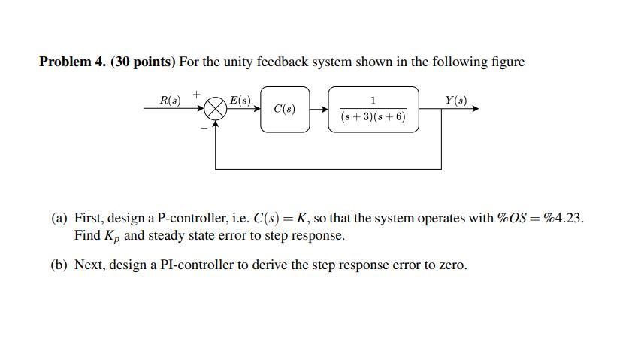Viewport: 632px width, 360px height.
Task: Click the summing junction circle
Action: (x=216, y=109)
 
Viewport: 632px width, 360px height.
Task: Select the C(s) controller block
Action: (x=285, y=109)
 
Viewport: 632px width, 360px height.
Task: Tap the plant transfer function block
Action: (x=373, y=109)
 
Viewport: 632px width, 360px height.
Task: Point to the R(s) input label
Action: (x=171, y=100)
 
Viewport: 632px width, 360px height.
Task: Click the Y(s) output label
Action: (x=455, y=100)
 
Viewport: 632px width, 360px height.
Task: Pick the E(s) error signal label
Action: (x=240, y=100)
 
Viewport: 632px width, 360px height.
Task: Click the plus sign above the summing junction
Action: (x=197, y=94)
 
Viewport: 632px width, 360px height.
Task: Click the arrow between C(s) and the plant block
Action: (x=319, y=109)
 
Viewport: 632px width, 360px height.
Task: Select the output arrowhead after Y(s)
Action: (x=474, y=109)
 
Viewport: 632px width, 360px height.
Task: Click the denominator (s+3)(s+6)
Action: (x=373, y=117)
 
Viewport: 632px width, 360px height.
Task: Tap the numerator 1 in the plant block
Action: (x=373, y=101)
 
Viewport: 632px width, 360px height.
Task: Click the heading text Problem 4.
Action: (x=72, y=62)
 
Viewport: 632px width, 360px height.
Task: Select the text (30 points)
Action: (x=143, y=62)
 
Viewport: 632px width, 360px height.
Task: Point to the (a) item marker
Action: (x=59, y=219)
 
